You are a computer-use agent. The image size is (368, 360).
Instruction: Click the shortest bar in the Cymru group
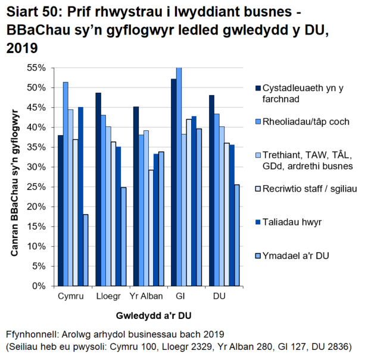[x=86, y=250]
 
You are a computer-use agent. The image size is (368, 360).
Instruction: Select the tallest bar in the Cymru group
[x=66, y=184]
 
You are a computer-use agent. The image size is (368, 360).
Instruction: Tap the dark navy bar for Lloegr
[x=98, y=189]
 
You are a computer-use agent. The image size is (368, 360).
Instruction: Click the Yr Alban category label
[x=144, y=296]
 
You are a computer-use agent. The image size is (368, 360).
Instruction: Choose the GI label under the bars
[x=180, y=296]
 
